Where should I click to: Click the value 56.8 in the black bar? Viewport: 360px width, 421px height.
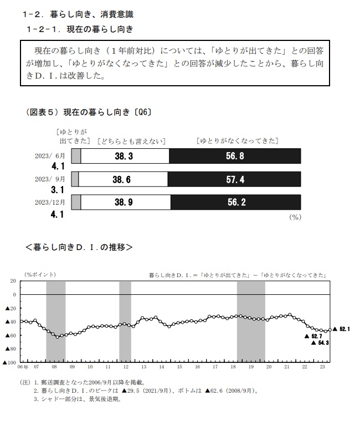[x=235, y=157]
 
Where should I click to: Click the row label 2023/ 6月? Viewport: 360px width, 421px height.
[x=50, y=156]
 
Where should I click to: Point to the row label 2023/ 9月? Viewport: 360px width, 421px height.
[x=50, y=179]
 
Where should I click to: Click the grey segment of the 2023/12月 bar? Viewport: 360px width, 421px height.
[x=76, y=202]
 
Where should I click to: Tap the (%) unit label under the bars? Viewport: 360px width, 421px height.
[x=295, y=217]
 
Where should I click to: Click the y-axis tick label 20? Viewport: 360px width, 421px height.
[x=13, y=281]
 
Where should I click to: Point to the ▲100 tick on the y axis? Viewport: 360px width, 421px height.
[x=10, y=362]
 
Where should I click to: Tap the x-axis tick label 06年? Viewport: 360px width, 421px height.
[x=23, y=367]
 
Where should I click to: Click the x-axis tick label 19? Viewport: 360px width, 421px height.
[x=251, y=367]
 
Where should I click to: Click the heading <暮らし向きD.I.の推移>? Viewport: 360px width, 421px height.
[x=79, y=247]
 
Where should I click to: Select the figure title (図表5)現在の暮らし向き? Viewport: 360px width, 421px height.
[x=89, y=112]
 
